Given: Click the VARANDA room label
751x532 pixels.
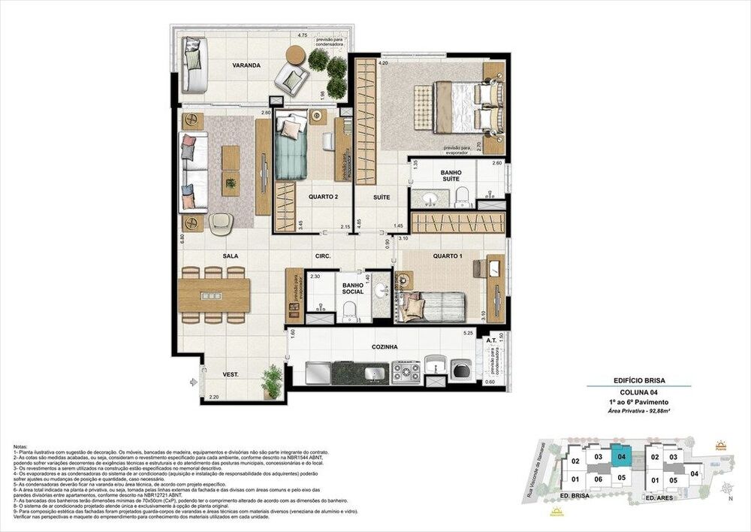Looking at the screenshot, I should [246, 66].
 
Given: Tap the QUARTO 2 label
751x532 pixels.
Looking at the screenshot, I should [323, 197].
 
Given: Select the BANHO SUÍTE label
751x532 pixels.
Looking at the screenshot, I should [451, 177].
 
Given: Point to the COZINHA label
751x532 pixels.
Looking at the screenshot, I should [384, 347].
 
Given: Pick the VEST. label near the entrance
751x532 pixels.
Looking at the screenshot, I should [231, 373].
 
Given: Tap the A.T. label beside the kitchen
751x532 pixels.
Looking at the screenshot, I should [492, 340].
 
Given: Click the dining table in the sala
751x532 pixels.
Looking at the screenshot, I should [215, 295].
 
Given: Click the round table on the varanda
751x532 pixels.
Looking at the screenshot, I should [296, 54].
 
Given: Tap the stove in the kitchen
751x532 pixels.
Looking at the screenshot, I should [406, 371].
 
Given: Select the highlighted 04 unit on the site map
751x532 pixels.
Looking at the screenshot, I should [621, 455].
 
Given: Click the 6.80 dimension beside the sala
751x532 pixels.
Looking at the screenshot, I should [182, 241].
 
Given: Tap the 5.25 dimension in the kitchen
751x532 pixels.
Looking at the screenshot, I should [468, 333].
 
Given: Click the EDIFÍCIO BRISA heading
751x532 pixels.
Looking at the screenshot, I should [639, 380].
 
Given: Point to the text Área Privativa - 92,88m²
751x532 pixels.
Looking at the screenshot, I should [639, 413].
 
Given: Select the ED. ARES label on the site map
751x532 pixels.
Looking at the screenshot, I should [663, 497].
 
